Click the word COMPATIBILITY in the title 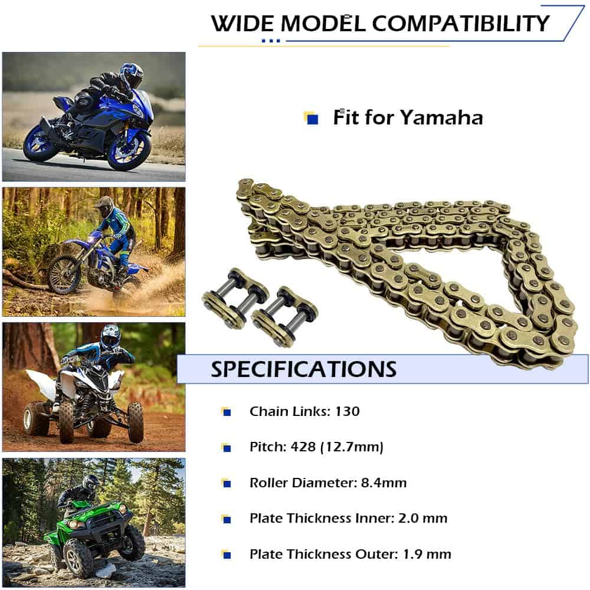(x=461, y=24)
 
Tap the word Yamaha (x=441, y=117)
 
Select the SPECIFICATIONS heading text (x=304, y=369)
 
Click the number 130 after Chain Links (x=348, y=411)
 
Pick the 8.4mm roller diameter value (x=384, y=483)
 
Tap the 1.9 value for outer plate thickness (x=413, y=554)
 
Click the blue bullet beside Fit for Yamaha (x=312, y=119)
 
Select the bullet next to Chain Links (x=226, y=412)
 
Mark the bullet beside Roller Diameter (x=226, y=483)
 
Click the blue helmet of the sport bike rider (x=132, y=76)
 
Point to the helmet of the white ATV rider (x=110, y=337)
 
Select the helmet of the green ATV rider (x=91, y=483)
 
